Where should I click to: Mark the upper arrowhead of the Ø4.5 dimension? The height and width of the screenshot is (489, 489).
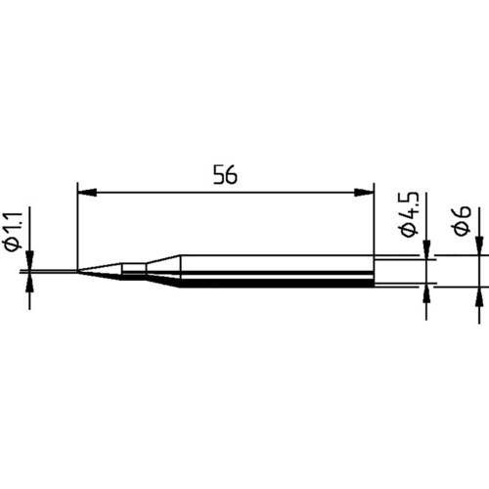click(426, 253)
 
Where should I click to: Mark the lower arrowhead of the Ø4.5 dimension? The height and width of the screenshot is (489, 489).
click(426, 290)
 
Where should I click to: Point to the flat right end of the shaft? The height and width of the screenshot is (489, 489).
click(374, 271)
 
